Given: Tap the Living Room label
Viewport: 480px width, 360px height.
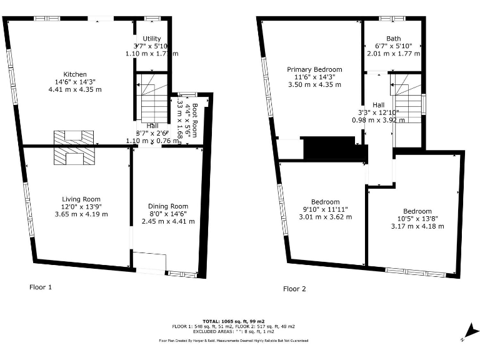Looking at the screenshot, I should (78, 199).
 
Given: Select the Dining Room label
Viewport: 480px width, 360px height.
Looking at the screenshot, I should (168, 206).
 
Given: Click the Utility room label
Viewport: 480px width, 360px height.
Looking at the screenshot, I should (152, 39).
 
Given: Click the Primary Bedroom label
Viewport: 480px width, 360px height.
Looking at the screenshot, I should (314, 69).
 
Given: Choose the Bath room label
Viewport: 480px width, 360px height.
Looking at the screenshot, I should (394, 38).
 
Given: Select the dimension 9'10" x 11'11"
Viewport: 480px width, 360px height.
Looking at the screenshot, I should (325, 209).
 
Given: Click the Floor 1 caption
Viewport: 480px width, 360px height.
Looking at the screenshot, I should (41, 287).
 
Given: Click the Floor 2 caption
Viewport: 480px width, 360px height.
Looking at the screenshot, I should (294, 289).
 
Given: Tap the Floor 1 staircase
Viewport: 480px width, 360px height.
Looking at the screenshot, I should (152, 101).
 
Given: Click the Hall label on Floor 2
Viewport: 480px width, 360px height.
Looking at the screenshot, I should (379, 105).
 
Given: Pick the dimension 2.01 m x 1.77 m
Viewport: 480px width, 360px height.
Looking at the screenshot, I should (394, 54).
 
